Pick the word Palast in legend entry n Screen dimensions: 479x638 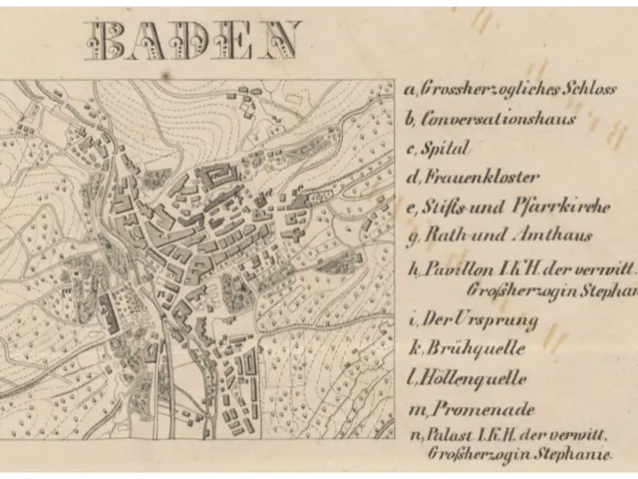click(x=447, y=435)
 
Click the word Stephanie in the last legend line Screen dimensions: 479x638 click(x=574, y=453)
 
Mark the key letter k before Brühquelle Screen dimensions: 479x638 click(x=411, y=350)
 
